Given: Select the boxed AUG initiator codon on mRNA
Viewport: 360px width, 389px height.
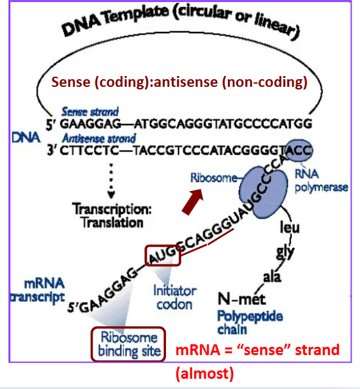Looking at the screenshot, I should [x=163, y=256].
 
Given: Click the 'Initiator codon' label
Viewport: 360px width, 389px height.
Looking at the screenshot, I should [x=174, y=297].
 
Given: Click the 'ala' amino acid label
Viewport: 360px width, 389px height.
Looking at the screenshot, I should [x=273, y=277].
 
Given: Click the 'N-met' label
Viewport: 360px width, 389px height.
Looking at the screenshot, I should [x=236, y=298].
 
